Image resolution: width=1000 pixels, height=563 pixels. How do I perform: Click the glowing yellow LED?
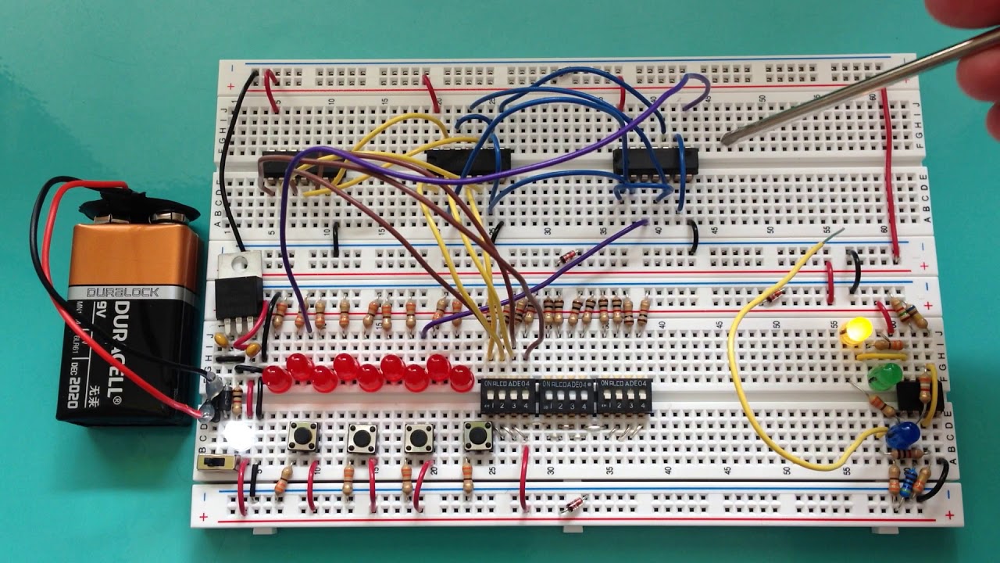pos(856,330)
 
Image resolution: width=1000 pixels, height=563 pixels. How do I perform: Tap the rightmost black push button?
pos(477,436)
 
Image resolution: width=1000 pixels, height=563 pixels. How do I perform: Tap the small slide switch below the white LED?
pos(216,463)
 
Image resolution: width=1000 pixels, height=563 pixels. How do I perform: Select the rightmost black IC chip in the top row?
pos(655,160)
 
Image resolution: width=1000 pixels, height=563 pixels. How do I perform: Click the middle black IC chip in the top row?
pos(469,162)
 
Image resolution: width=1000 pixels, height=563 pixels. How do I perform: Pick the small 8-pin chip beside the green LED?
pos(909,393)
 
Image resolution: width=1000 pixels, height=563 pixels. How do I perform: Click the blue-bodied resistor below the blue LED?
pos(906,483)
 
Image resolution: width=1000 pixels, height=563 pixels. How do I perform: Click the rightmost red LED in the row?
pos(462,378)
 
